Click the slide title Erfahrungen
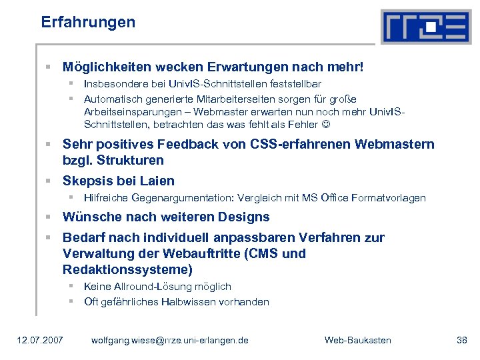coord(88,22)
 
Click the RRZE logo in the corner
coord(425,27)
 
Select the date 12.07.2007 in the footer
coord(41,341)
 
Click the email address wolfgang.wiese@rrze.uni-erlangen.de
coord(169,341)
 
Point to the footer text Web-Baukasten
coord(357,341)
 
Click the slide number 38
coord(462,341)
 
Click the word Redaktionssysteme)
coord(127,269)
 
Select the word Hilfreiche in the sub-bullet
coord(106,198)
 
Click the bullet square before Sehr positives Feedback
coord(49,145)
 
